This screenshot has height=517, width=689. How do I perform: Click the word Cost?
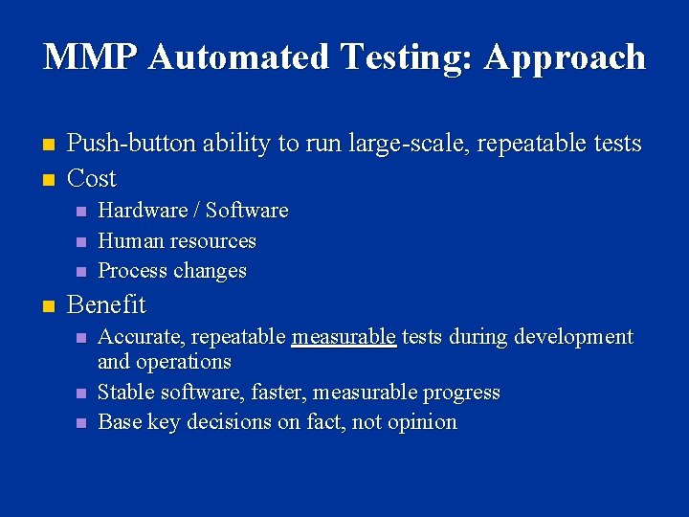coord(92,178)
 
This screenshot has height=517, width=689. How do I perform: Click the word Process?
coord(131,271)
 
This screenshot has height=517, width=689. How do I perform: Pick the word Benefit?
coord(106,304)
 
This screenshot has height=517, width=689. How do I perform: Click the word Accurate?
coord(143,337)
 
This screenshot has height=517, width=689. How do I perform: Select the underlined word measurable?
coord(344,337)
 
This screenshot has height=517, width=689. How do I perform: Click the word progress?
coord(464,393)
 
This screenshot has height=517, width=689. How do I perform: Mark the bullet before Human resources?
coord(81,241)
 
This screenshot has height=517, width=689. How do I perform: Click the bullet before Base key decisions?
coord(81,422)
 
